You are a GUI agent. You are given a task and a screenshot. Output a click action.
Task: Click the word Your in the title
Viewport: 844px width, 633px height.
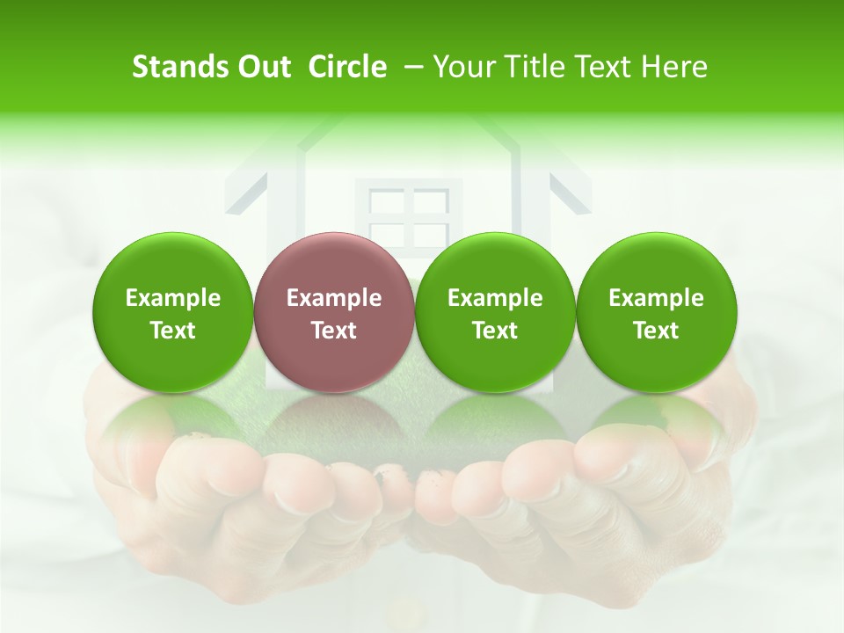[463, 67]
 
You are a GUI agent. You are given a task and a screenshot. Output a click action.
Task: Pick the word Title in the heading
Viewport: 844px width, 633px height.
[529, 67]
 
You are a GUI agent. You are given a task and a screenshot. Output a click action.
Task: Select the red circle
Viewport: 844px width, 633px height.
[334, 312]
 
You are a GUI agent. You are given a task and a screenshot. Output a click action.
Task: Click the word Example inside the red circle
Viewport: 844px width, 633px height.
[334, 298]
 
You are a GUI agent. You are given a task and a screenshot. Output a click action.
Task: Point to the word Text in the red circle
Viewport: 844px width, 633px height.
[334, 331]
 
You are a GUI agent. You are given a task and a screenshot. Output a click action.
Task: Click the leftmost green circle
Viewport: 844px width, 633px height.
[173, 312]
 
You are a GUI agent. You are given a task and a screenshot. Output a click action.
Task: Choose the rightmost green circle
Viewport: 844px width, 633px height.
[657, 312]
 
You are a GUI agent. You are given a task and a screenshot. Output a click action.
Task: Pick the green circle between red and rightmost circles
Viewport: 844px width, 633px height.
[495, 312]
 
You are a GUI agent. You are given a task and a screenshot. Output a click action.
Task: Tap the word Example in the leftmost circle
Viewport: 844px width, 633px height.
[173, 298]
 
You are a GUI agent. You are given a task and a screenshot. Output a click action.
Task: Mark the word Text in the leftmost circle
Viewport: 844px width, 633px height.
[173, 331]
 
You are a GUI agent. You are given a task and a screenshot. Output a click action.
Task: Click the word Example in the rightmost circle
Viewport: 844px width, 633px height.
[657, 298]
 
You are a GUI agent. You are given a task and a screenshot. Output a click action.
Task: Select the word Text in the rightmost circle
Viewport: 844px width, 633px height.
[657, 331]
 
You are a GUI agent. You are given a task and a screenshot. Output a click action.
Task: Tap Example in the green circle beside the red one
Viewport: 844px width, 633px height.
[495, 298]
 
